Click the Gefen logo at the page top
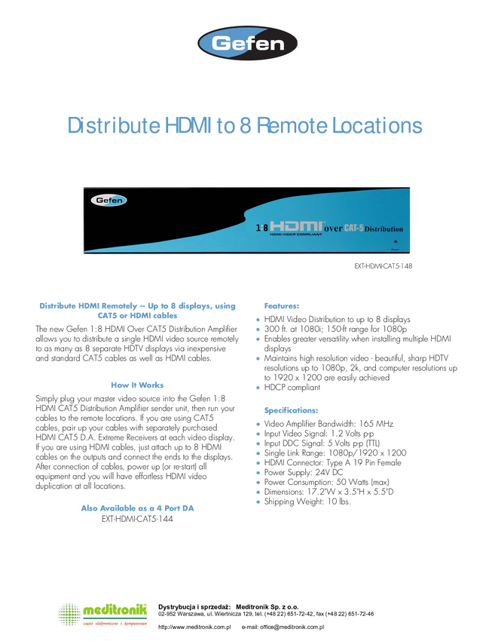(x=246, y=44)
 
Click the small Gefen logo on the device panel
(x=109, y=201)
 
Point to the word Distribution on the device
(x=384, y=228)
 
